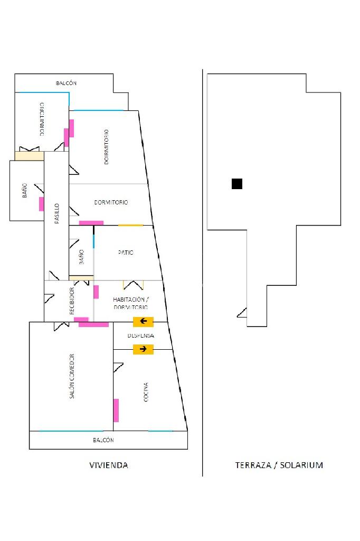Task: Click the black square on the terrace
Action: click(237, 184)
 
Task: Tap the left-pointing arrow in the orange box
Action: click(143, 321)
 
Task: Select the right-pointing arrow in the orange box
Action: click(143, 349)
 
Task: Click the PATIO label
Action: click(125, 253)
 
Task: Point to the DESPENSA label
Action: click(140, 335)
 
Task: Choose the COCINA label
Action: click(146, 392)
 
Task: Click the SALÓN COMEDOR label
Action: click(72, 376)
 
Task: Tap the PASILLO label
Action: click(56, 214)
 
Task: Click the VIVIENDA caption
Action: click(108, 465)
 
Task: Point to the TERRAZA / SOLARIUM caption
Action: click(279, 465)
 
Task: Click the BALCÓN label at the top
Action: click(67, 83)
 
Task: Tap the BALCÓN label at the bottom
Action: click(103, 440)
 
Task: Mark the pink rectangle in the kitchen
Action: click(116, 411)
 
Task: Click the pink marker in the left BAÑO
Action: click(41, 204)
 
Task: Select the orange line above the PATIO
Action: click(130, 226)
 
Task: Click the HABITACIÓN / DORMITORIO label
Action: click(130, 303)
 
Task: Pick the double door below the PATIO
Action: click(134, 285)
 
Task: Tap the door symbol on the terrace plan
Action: click(242, 313)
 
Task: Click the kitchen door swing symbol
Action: click(118, 368)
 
